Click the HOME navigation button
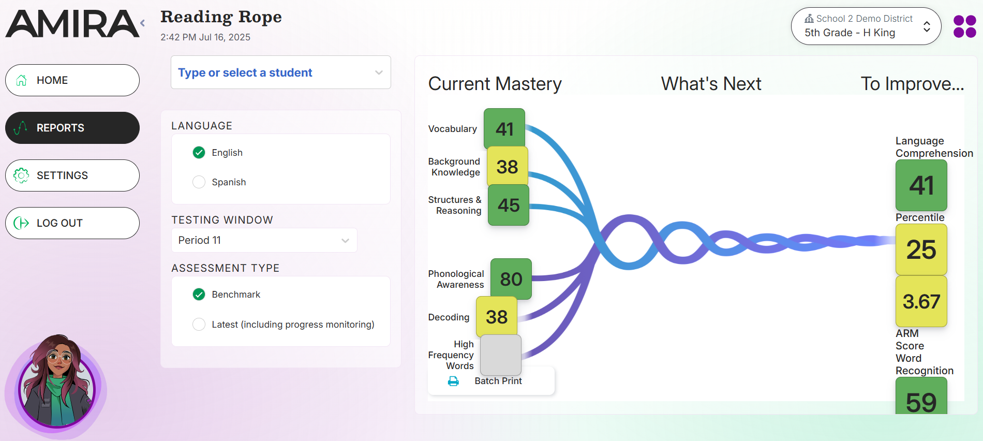click(72, 80)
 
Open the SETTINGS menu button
click(72, 175)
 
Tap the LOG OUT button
click(72, 223)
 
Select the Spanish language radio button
click(199, 182)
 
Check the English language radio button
click(199, 153)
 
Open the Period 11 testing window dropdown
click(264, 240)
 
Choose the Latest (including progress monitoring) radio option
click(199, 325)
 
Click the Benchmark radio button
click(199, 295)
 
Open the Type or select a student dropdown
click(280, 72)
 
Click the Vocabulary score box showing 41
click(504, 129)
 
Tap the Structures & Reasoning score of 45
click(508, 205)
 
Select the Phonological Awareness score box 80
click(511, 279)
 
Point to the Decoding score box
click(496, 316)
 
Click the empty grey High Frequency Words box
click(500, 355)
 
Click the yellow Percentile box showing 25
click(921, 249)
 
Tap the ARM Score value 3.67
click(921, 301)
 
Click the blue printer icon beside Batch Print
click(453, 381)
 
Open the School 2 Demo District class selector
click(866, 26)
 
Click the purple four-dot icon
click(964, 26)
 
